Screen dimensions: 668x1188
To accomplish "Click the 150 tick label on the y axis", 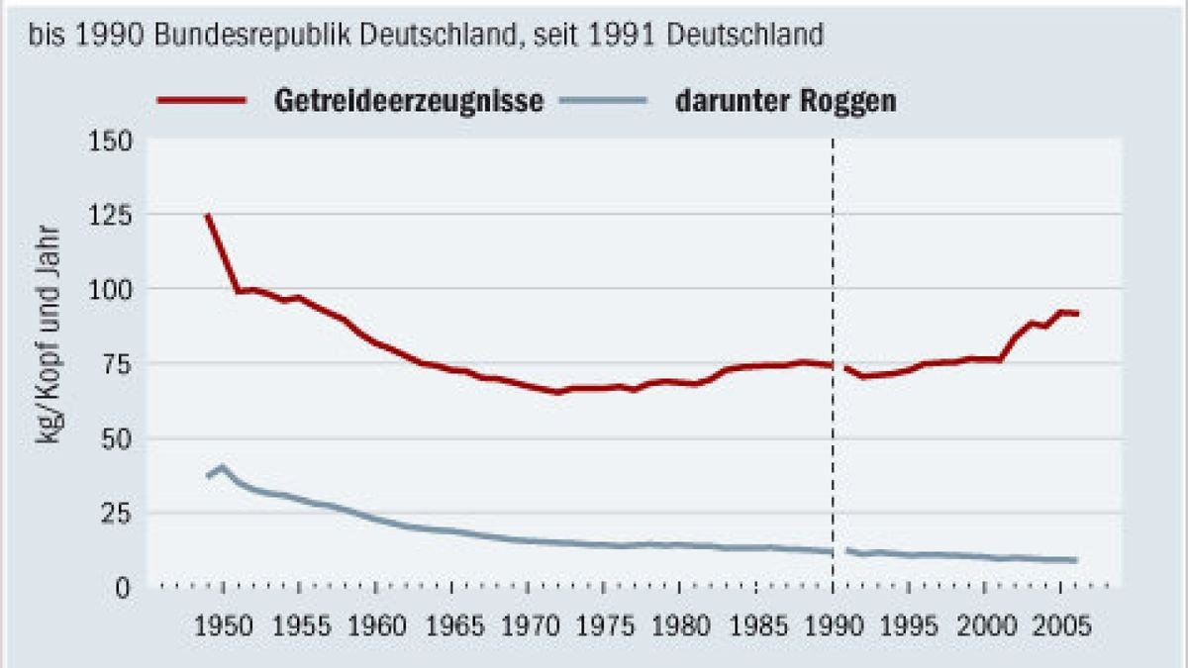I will pos(111,141).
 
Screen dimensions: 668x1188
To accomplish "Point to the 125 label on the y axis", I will pos(111,215).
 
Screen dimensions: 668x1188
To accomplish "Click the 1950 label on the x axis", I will pos(223,627).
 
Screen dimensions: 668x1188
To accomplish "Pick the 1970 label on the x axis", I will pos(527,627).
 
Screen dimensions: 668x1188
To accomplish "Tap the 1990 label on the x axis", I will pos(832,627).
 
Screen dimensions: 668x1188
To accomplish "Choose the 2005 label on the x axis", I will pos(1059,627).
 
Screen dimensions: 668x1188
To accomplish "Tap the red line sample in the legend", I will pos(201,100).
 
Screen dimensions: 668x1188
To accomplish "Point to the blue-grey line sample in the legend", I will pos(603,100).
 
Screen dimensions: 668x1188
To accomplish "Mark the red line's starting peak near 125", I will pos(208,215).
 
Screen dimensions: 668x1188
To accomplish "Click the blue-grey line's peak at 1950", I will pos(223,466).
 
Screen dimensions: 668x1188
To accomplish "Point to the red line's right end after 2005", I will pos(1077,314).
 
